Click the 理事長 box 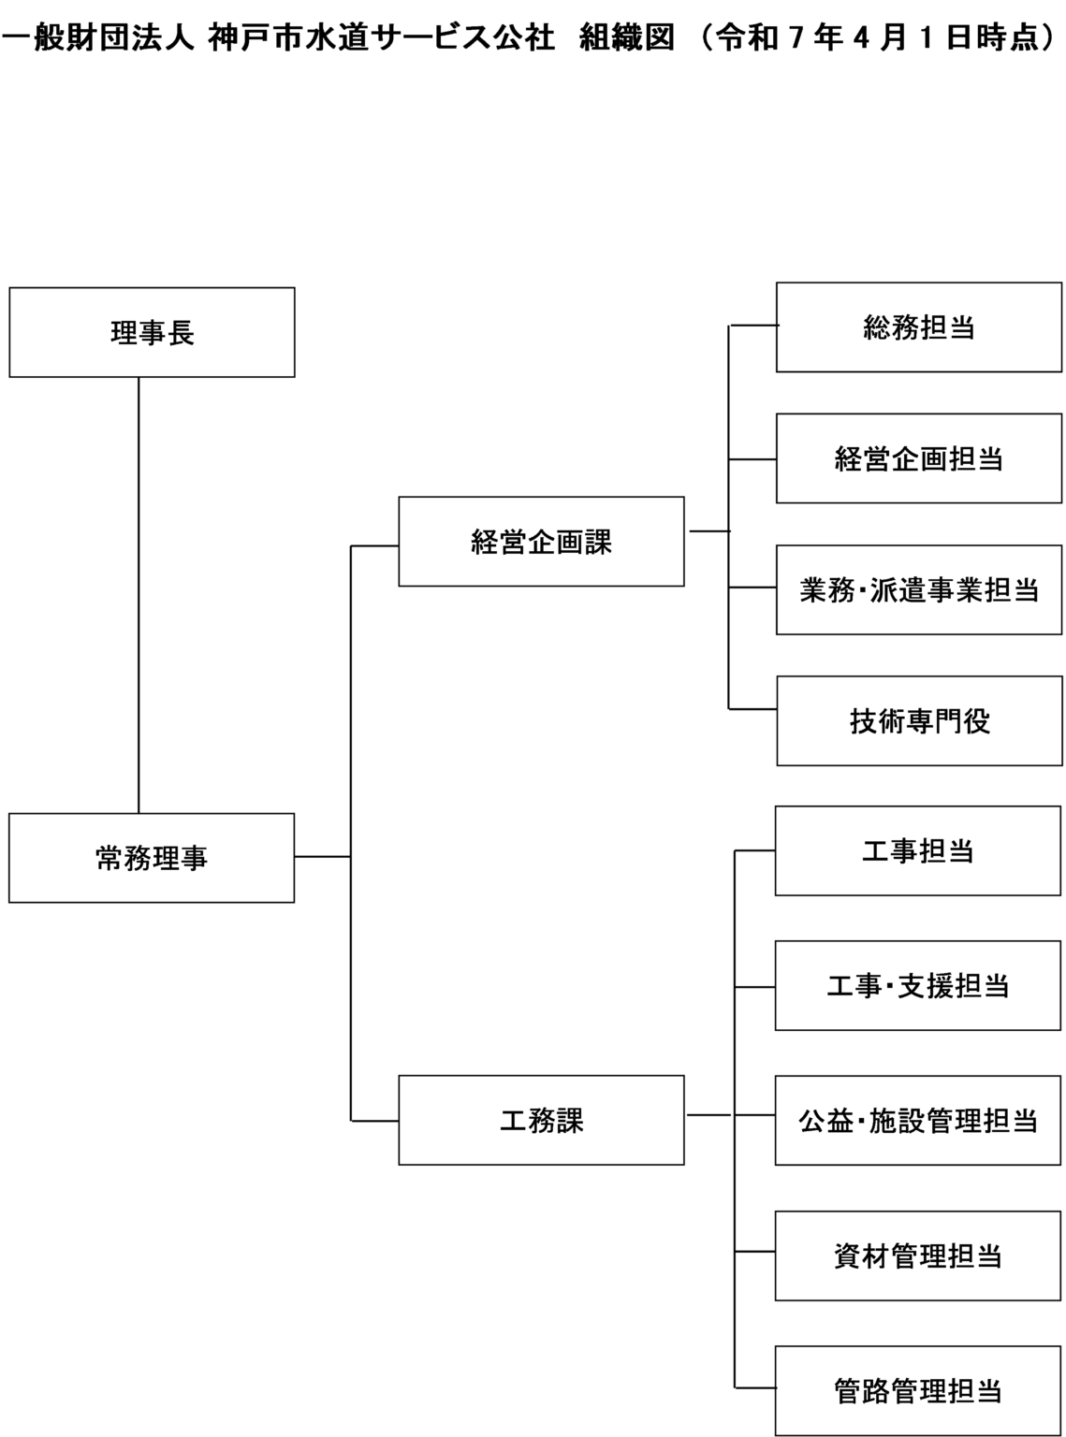(152, 332)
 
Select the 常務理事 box (152, 858)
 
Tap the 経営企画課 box (541, 542)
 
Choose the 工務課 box (541, 1120)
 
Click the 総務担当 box (920, 327)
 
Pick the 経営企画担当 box (920, 458)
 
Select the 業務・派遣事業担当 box (920, 590)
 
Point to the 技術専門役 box (920, 721)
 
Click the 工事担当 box (919, 851)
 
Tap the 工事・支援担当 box (919, 986)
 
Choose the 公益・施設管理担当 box (919, 1120)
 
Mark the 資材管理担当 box (919, 1256)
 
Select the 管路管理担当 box (919, 1390)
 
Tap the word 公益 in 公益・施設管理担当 (826, 1120)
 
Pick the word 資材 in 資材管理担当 (861, 1256)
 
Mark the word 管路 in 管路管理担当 (861, 1390)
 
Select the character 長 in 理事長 (181, 332)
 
